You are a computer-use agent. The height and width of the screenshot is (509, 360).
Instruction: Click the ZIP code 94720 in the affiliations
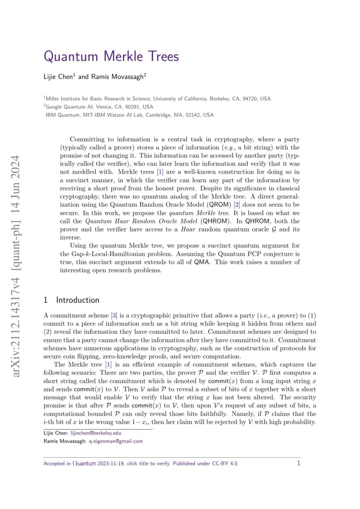(x=250, y=99)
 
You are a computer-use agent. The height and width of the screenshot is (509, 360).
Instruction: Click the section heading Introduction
(x=77, y=300)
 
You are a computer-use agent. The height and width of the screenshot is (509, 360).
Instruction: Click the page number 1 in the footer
(x=299, y=463)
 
